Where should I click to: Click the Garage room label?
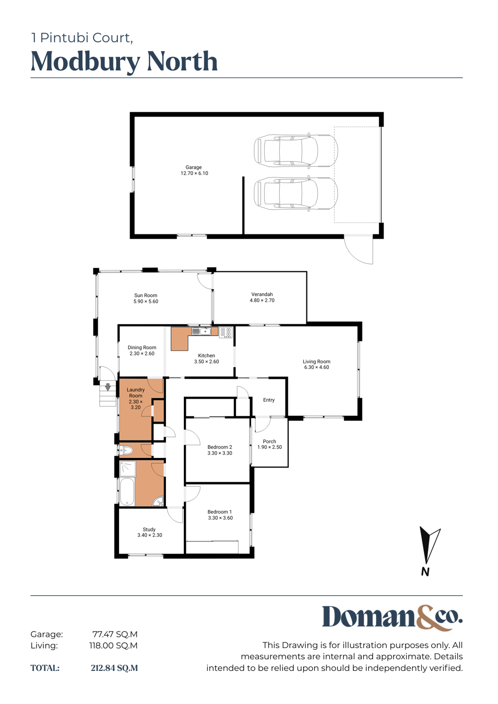(x=194, y=167)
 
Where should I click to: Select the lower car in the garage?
(x=296, y=193)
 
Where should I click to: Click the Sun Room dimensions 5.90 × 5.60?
(x=145, y=301)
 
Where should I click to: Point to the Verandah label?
(x=262, y=294)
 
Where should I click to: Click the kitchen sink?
(x=201, y=331)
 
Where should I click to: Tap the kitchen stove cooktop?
(x=226, y=333)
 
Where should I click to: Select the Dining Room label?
(x=142, y=347)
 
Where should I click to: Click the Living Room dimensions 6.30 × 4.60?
(x=316, y=367)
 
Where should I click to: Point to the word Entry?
(x=269, y=400)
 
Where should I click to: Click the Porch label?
(x=269, y=441)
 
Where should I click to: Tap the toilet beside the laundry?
(x=126, y=451)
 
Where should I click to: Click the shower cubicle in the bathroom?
(x=127, y=469)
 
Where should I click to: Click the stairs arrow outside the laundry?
(x=108, y=387)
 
